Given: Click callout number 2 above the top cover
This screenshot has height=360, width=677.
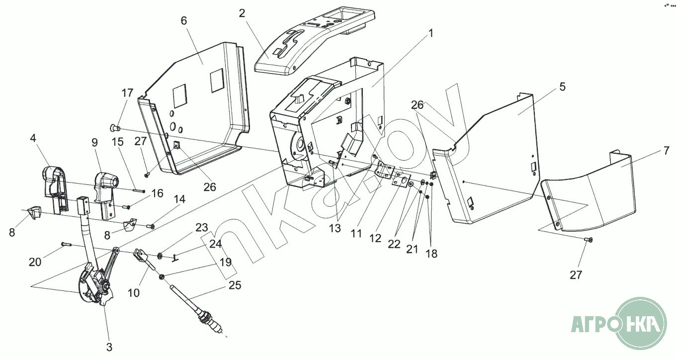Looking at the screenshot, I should pos(242,13).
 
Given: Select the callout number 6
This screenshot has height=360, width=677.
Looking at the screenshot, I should pos(184,21).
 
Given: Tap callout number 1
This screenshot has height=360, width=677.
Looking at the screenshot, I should pos(431,33).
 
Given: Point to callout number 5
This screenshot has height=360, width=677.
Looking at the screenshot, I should pos(562,87).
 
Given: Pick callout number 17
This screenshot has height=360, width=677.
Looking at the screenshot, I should pos(128,92).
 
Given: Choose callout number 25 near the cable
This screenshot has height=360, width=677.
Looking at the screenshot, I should pos(235,285).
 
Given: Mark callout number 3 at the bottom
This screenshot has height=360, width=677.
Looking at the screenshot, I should pos(109,347).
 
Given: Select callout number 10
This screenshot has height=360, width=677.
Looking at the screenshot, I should pos(134,293).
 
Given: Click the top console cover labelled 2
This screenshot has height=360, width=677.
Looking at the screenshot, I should pos(313,42).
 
